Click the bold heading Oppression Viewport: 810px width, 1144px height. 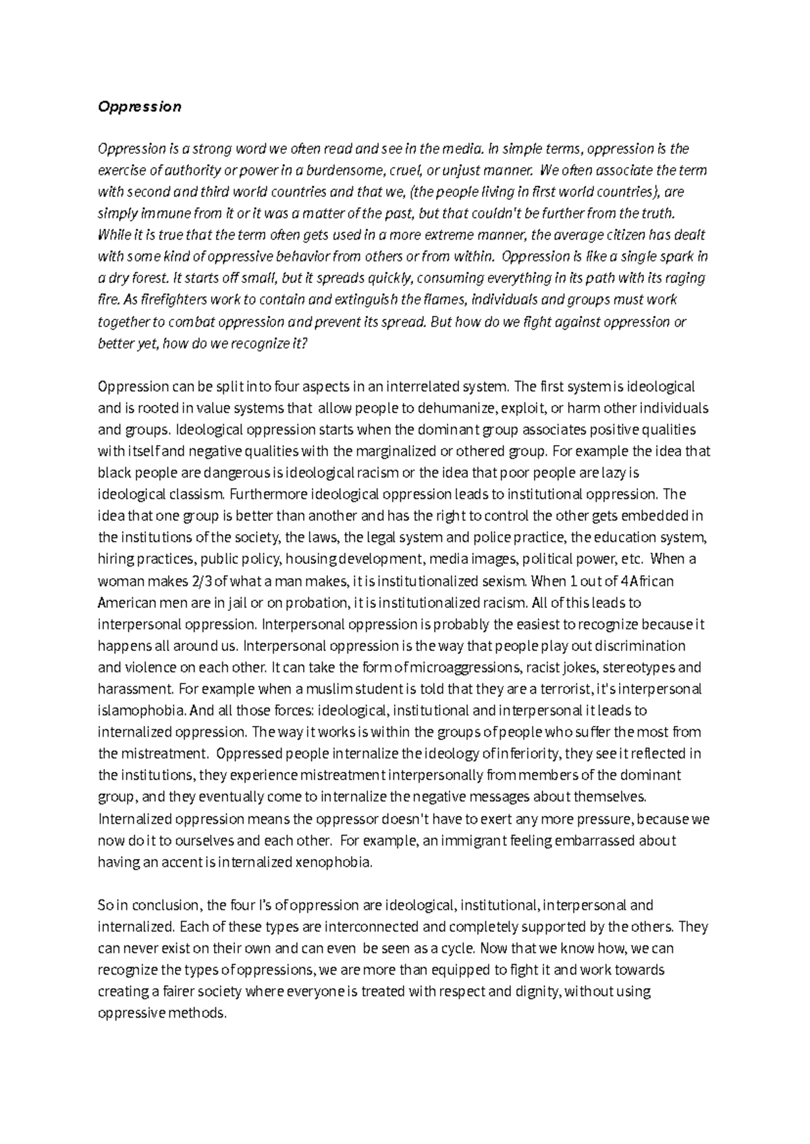click(140, 107)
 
